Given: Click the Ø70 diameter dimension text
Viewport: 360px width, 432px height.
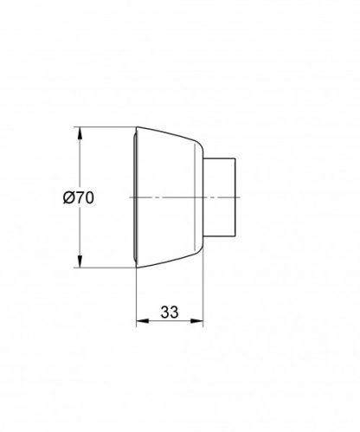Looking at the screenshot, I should coord(79,197).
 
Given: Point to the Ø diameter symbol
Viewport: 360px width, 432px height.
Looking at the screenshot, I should coord(68,197).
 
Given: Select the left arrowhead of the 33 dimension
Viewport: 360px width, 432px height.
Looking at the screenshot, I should coord(140,326).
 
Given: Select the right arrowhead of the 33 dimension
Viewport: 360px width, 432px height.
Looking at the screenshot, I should coord(202,326).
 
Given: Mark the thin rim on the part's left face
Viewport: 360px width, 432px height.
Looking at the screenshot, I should coord(136,197).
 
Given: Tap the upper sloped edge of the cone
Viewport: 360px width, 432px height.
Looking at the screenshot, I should coord(169,139).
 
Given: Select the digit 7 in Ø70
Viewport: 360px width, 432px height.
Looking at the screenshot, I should coord(79,197).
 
